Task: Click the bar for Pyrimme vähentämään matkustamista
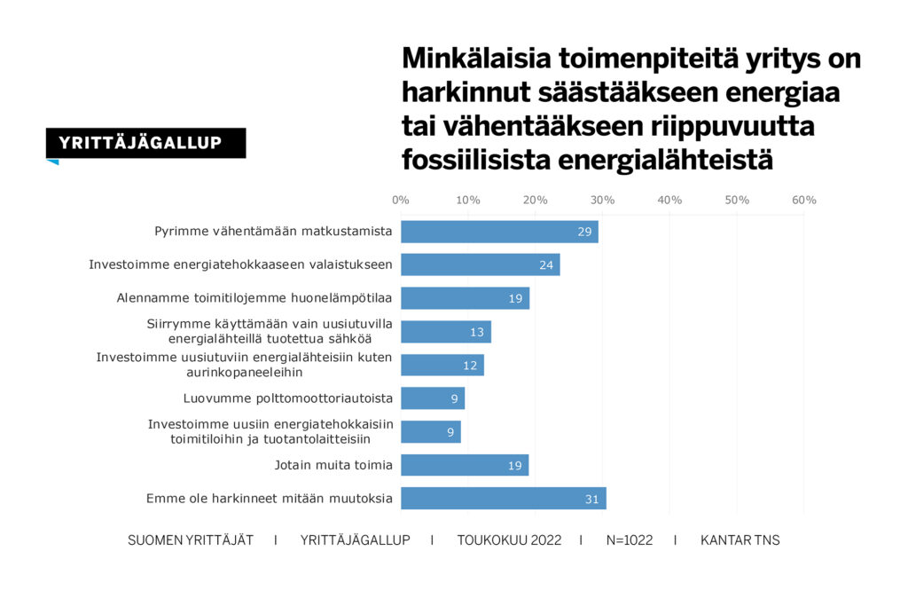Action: pyautogui.click(x=499, y=232)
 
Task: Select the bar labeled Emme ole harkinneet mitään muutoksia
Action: pyautogui.click(x=503, y=498)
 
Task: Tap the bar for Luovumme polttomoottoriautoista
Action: pyautogui.click(x=433, y=398)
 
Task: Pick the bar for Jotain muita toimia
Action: pyautogui.click(x=465, y=465)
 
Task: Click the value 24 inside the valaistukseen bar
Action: pyautogui.click(x=546, y=265)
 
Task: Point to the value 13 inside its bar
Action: pyautogui.click(x=477, y=332)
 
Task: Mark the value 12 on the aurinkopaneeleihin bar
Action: pyautogui.click(x=470, y=366)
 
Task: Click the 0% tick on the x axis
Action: pyautogui.click(x=401, y=200)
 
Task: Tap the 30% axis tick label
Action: pyautogui.click(x=602, y=200)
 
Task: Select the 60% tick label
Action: pyautogui.click(x=803, y=200)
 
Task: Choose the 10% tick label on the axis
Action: pyautogui.click(x=467, y=200)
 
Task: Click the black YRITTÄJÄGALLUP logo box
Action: pyautogui.click(x=145, y=143)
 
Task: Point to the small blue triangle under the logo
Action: pyautogui.click(x=53, y=162)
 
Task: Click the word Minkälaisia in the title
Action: pyautogui.click(x=477, y=58)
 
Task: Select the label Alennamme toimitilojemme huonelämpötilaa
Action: pyautogui.click(x=254, y=298)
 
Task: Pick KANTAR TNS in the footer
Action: pyautogui.click(x=740, y=540)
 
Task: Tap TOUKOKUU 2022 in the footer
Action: pyautogui.click(x=509, y=540)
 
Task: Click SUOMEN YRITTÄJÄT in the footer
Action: pyautogui.click(x=191, y=540)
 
